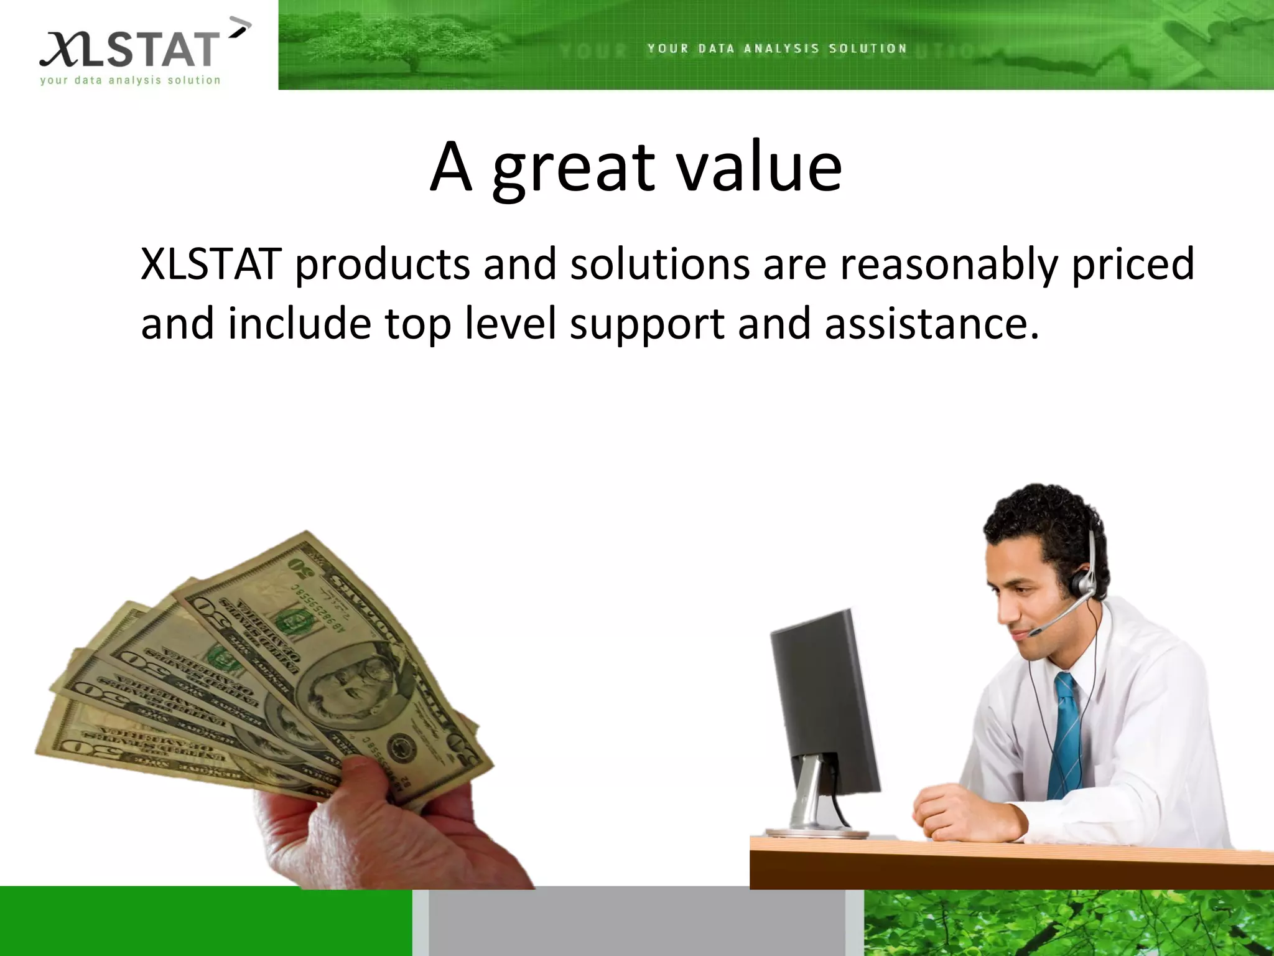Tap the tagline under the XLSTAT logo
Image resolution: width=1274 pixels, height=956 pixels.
(x=130, y=80)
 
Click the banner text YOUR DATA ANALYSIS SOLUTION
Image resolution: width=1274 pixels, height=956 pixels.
(x=777, y=49)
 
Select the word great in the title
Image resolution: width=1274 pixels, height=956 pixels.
(x=573, y=168)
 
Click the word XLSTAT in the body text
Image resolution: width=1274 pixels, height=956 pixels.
(x=210, y=264)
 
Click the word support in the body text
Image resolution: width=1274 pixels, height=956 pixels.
(x=646, y=325)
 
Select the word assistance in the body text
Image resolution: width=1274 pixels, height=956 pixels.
(x=931, y=324)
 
